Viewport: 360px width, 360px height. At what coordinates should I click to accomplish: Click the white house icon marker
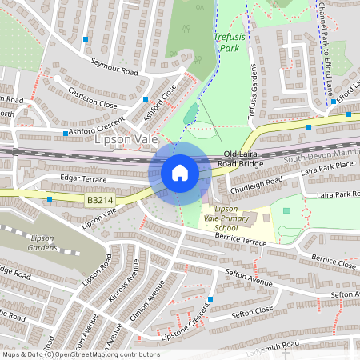[x=179, y=173]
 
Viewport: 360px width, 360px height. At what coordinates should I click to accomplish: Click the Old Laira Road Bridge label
[x=242, y=158]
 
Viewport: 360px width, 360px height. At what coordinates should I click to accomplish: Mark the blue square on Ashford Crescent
[x=65, y=133]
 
